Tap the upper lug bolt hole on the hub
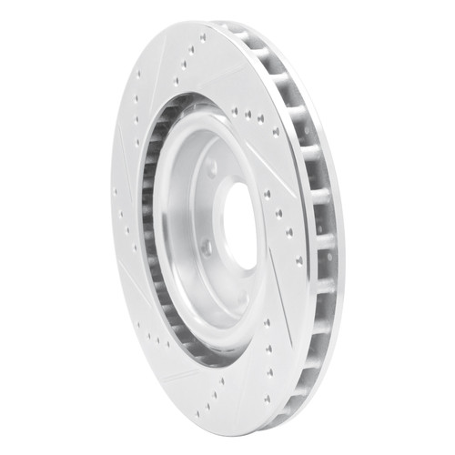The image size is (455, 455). tap(211, 167)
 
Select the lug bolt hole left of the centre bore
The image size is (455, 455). tap(207, 246)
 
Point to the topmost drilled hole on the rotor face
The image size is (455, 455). tap(201, 38)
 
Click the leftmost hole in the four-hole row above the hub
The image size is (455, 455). tap(235, 111)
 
